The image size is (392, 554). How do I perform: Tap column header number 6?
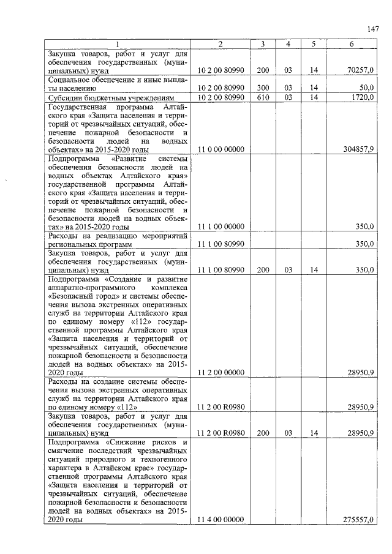[x=351, y=44]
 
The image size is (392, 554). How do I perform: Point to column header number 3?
[x=262, y=44]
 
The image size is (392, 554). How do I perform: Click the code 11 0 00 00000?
[x=221, y=149]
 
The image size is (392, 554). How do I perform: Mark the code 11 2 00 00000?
[x=221, y=372]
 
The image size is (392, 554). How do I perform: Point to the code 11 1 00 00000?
[x=221, y=226]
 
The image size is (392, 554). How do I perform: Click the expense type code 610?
[x=262, y=97]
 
